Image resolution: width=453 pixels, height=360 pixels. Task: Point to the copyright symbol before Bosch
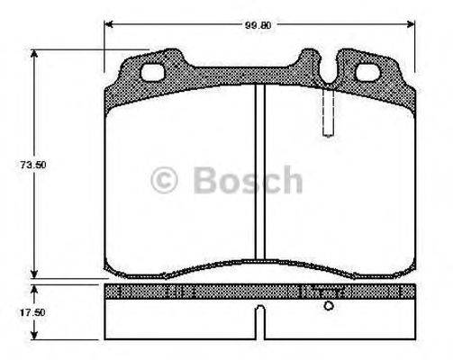[x=165, y=181]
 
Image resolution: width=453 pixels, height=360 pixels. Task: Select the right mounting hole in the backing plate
[x=367, y=74]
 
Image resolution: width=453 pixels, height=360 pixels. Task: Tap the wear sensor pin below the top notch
[x=329, y=112]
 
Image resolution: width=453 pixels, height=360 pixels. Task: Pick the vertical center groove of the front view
[x=259, y=171]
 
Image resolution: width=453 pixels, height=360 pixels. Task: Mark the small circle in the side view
[x=329, y=307]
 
